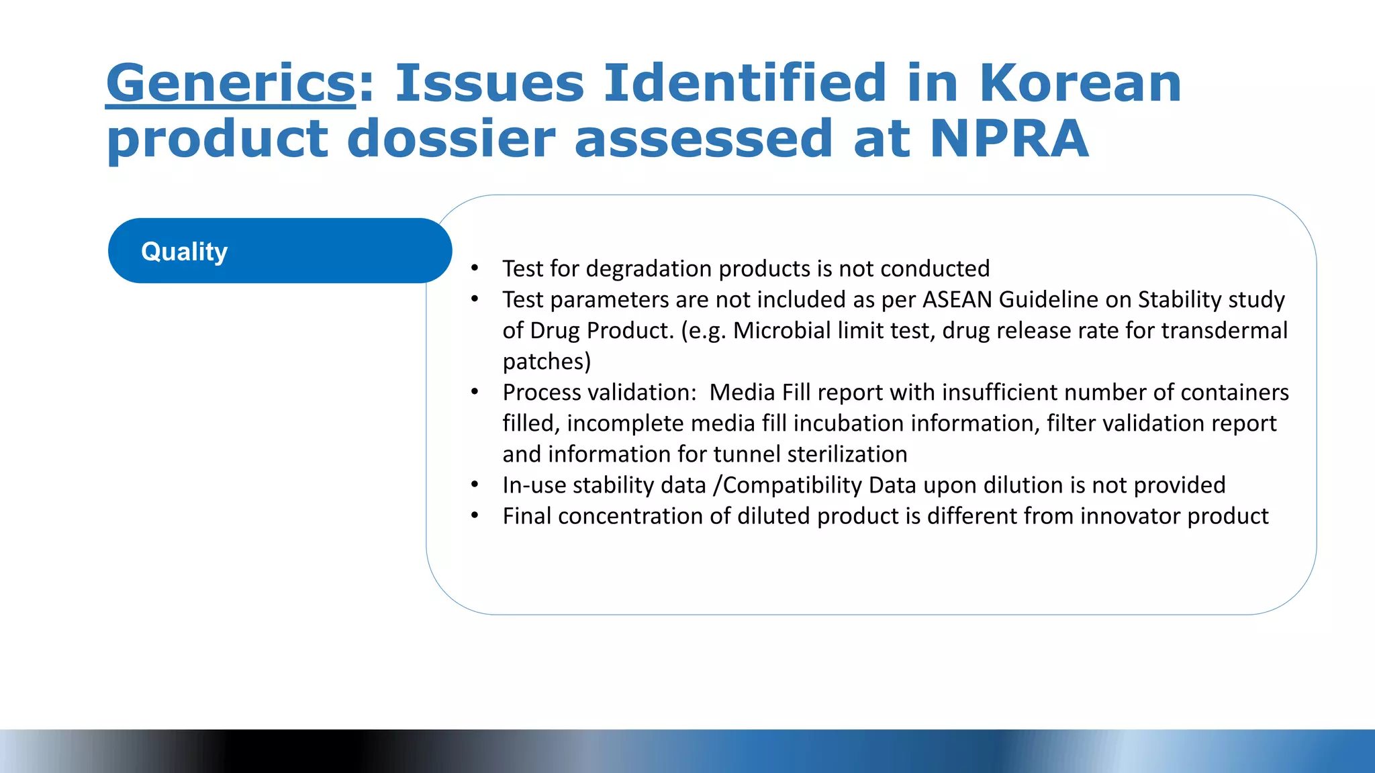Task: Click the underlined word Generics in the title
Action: pyautogui.click(x=230, y=84)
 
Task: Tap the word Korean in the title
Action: pyautogui.click(x=1080, y=84)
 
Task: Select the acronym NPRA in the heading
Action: pyautogui.click(x=1009, y=139)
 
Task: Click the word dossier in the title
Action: pyautogui.click(x=451, y=139)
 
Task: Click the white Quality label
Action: pyautogui.click(x=185, y=252)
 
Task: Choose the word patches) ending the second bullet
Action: pyautogui.click(x=547, y=362)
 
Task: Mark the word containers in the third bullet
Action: pyautogui.click(x=1235, y=392)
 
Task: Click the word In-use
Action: pyautogui.click(x=534, y=485)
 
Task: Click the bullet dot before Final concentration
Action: pyautogui.click(x=475, y=515)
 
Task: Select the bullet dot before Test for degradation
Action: pyautogui.click(x=475, y=268)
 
